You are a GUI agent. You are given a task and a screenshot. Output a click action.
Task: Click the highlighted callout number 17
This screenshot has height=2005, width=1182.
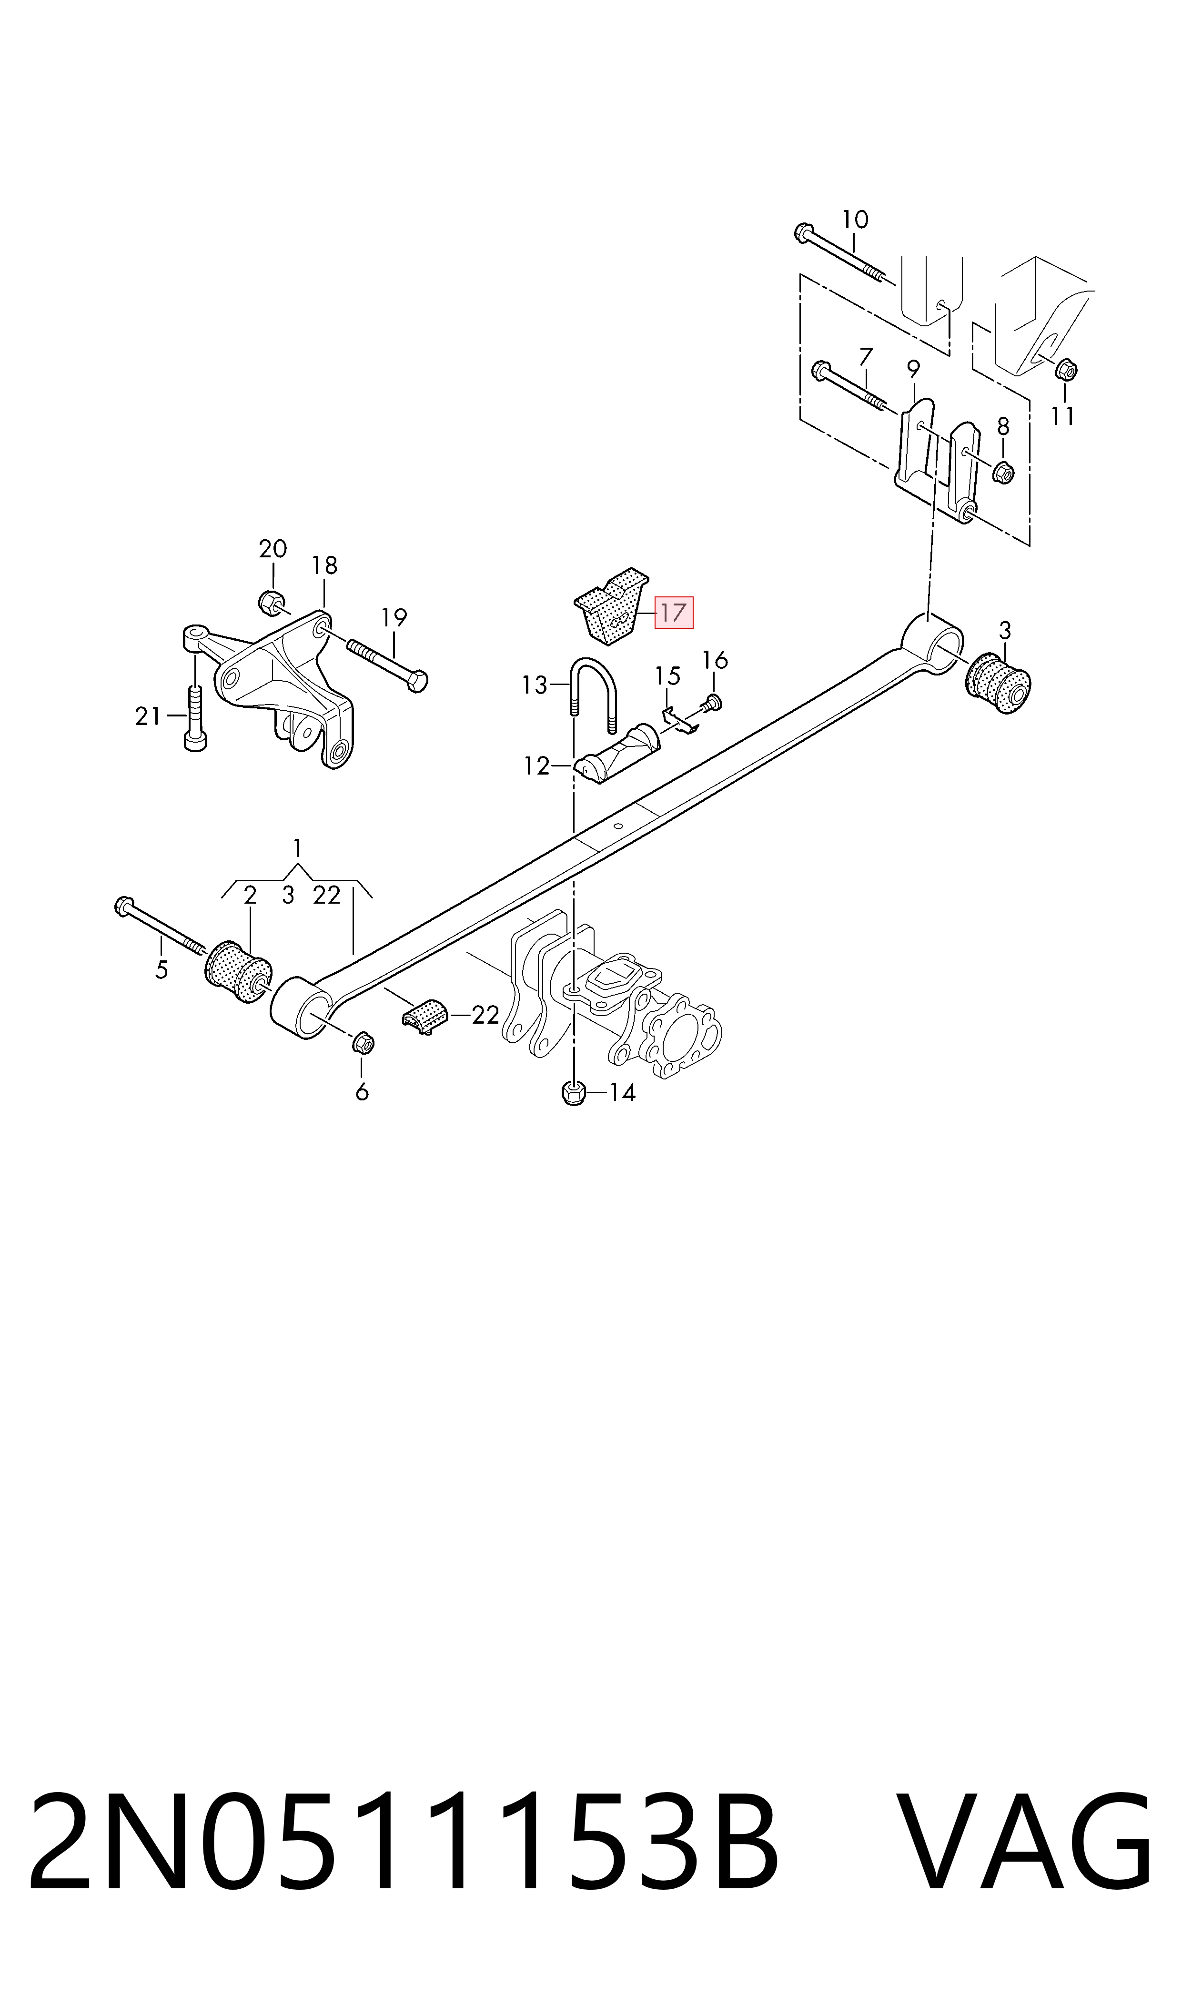pos(673,612)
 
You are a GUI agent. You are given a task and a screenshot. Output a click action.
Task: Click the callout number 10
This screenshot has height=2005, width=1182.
pos(855,219)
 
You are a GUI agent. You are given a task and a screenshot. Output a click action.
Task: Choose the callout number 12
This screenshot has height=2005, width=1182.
pos(537,766)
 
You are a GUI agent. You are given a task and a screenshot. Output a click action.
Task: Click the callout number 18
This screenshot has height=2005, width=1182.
pos(324,565)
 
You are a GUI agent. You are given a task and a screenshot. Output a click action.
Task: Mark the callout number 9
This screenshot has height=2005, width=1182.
pos(914,370)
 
